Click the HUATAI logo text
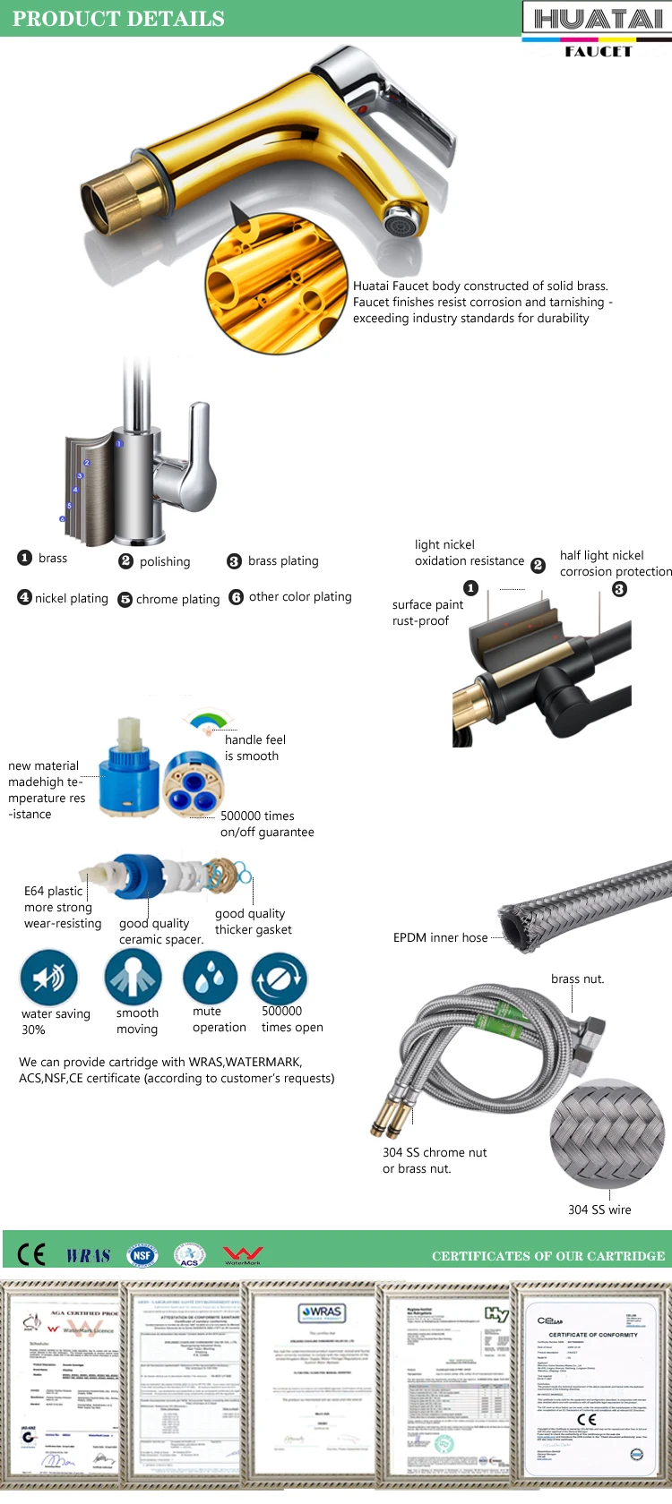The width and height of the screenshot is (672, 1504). coord(597,19)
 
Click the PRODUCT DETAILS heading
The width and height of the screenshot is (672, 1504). coord(118,19)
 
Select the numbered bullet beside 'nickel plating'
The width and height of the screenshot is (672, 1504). coord(24,597)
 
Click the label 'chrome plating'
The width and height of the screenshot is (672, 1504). coord(177,599)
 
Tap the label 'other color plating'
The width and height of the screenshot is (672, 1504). coord(300,596)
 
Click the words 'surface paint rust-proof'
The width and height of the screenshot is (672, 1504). coord(427,612)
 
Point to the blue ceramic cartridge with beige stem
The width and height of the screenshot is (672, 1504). coord(129,771)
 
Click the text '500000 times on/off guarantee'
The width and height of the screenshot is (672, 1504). coord(267,824)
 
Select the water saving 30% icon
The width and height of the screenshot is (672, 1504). coord(49,978)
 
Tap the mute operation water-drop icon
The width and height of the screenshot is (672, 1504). coord(210,978)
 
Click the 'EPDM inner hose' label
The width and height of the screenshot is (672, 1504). coord(440,937)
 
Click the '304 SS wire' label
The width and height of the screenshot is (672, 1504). coord(599,1209)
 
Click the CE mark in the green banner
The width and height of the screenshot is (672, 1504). coord(31,1254)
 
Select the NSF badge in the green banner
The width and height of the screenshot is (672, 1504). coord(142,1255)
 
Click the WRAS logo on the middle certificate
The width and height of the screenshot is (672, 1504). coord(322,1312)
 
